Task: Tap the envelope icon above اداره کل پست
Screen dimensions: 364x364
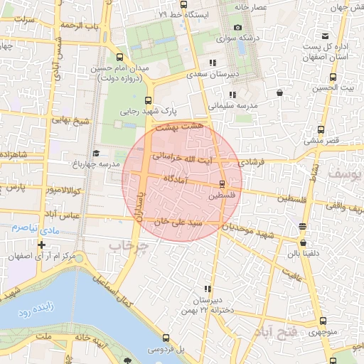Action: click(325, 36)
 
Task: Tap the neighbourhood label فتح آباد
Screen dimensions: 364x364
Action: click(274, 333)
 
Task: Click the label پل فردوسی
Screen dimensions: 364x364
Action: click(166, 350)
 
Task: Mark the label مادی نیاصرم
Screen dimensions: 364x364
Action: click(33, 228)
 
